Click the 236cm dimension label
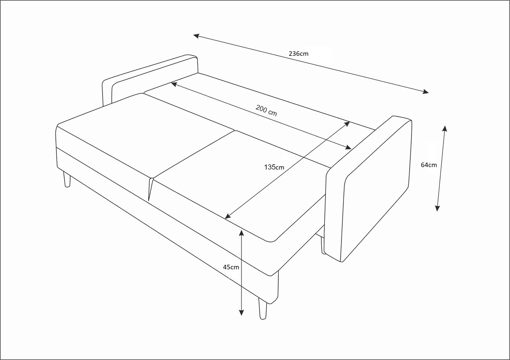pyautogui.click(x=298, y=54)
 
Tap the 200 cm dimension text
pyautogui.click(x=266, y=110)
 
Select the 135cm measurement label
pyautogui.click(x=274, y=167)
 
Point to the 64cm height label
pyautogui.click(x=429, y=165)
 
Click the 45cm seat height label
pyautogui.click(x=231, y=267)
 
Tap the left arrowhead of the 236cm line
pyautogui.click(x=196, y=36)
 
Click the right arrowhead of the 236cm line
pyautogui.click(x=426, y=92)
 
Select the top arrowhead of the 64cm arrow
pyautogui.click(x=445, y=129)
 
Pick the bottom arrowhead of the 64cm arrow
pyautogui.click(x=437, y=208)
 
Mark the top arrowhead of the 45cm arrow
pyautogui.click(x=241, y=233)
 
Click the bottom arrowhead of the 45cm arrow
pyautogui.click(x=241, y=312)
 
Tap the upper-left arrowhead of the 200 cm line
pyautogui.click(x=174, y=84)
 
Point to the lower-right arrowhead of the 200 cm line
pyautogui.click(x=348, y=147)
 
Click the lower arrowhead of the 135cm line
pyautogui.click(x=228, y=216)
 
